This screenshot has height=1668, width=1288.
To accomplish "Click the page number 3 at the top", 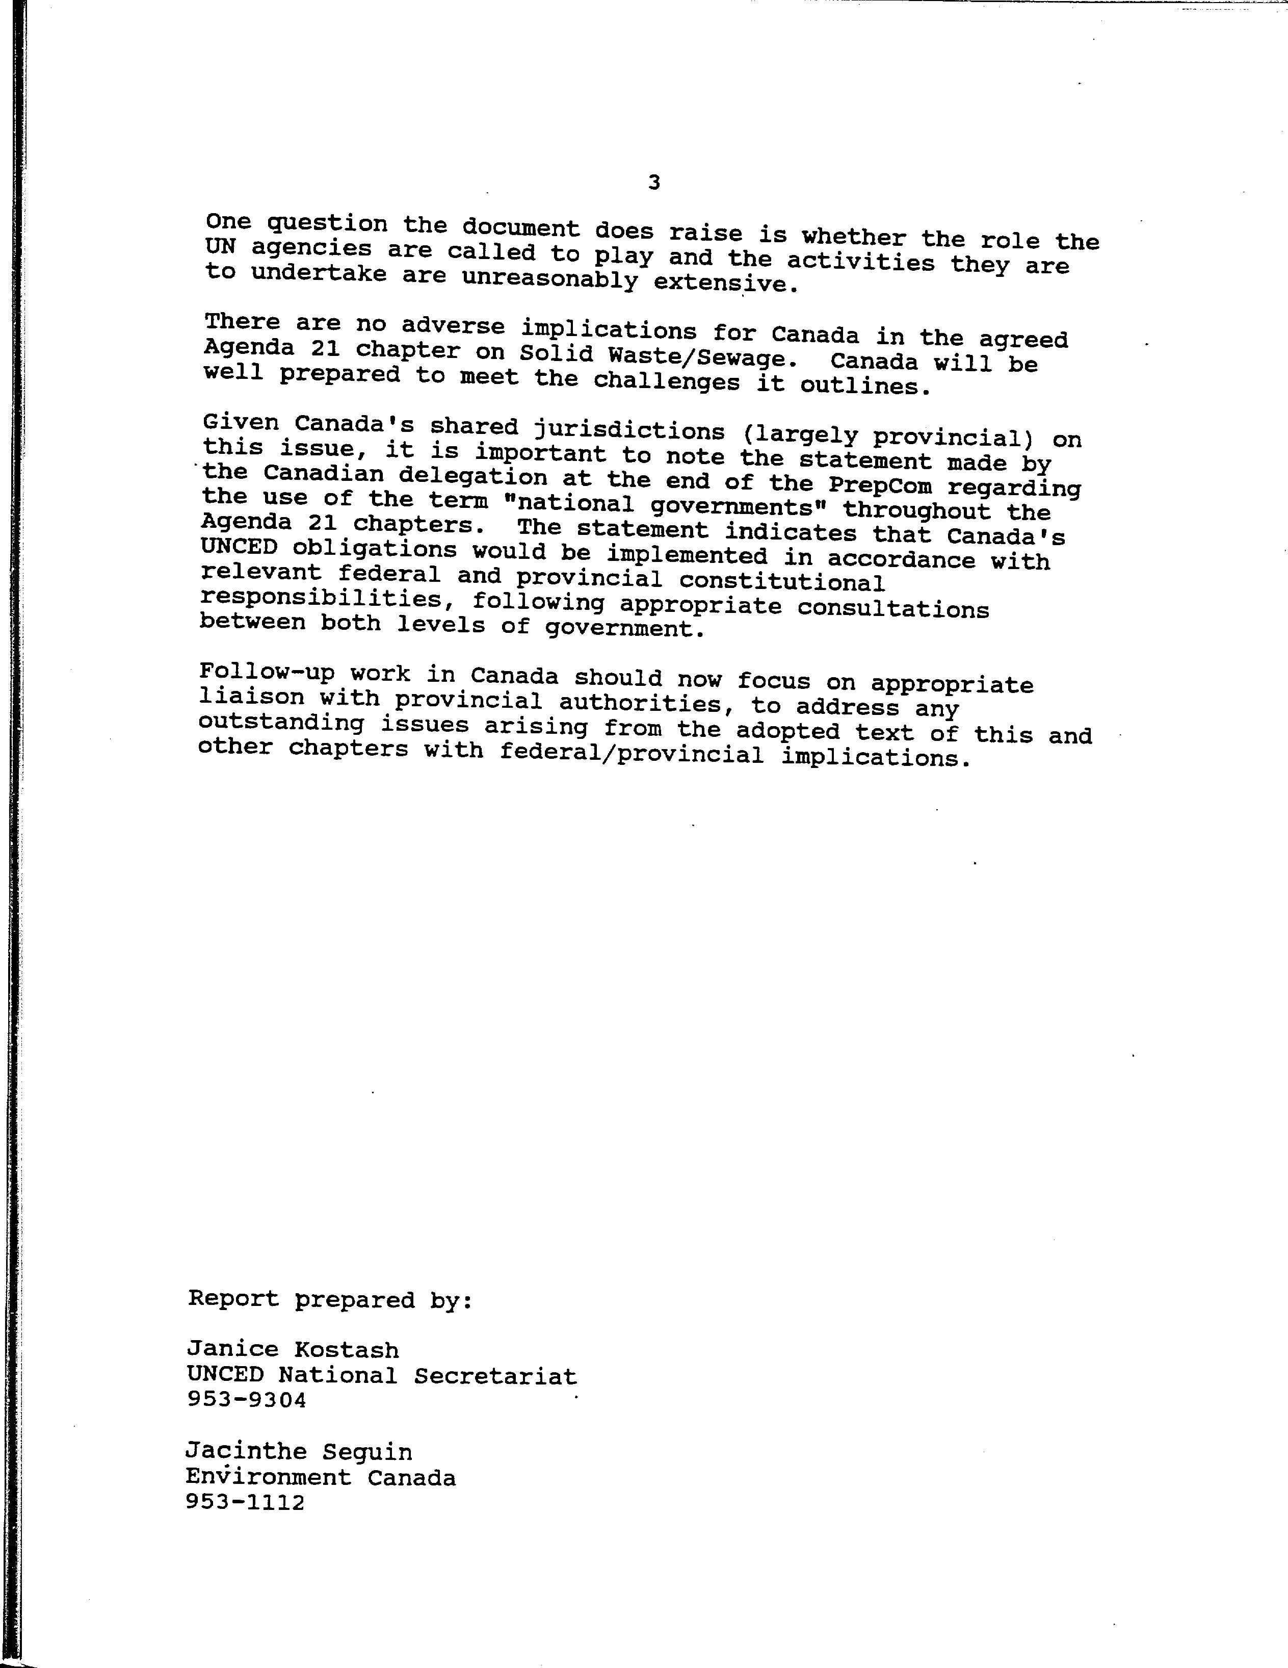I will pos(653,183).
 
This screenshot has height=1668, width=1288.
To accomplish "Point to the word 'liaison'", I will pos(250,697).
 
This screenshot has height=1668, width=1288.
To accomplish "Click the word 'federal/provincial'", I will pos(632,755).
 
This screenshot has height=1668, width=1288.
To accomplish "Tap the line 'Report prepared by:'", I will pos(331,1300).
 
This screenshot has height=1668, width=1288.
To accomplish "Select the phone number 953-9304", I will pos(246,1400).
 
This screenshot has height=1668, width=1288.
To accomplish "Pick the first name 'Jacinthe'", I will pos(246,1452).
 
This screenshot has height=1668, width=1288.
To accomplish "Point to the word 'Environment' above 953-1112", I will pos(268,1477).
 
